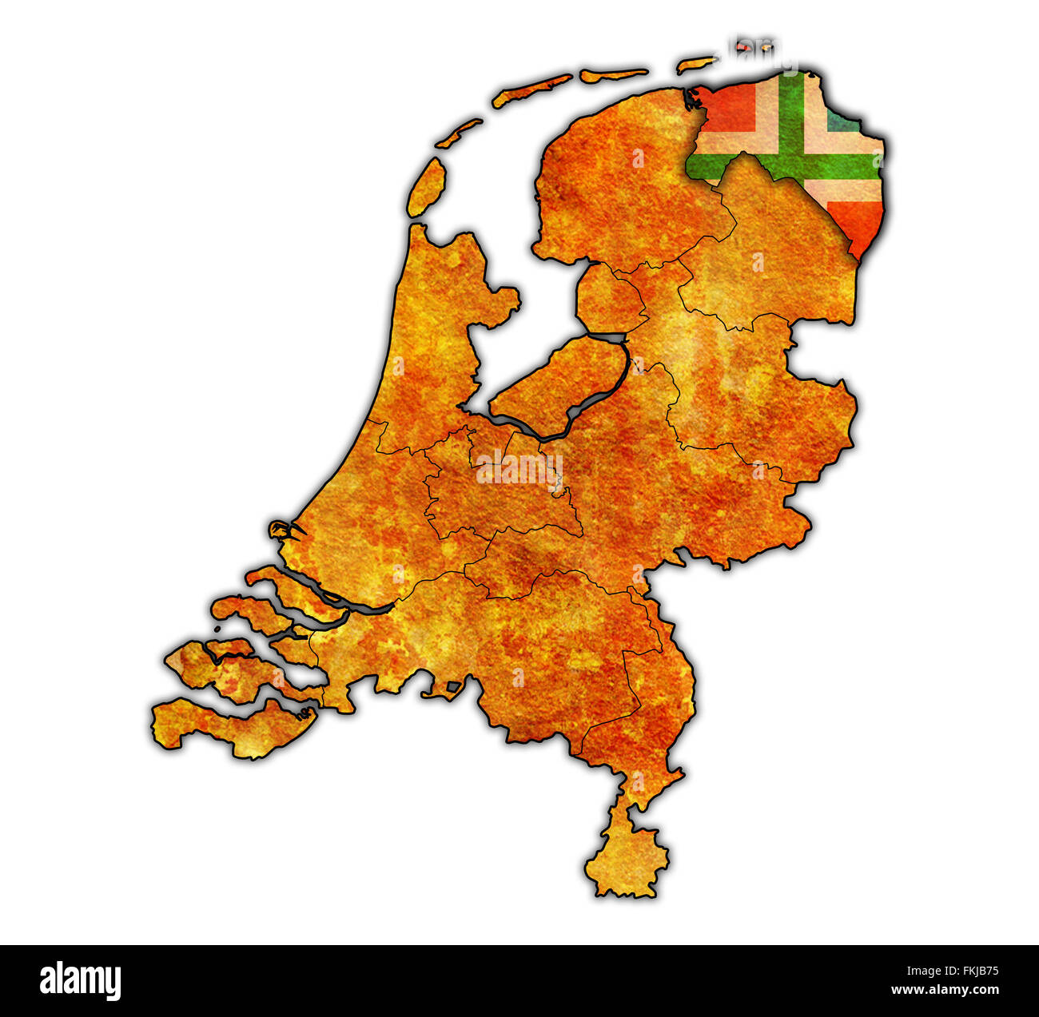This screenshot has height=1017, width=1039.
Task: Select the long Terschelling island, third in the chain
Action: coord(531,90)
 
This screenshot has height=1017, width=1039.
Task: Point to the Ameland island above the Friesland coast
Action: coord(613,74)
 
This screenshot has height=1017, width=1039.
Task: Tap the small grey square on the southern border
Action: coord(453,685)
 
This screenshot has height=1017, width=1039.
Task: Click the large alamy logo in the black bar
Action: coord(80,980)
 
